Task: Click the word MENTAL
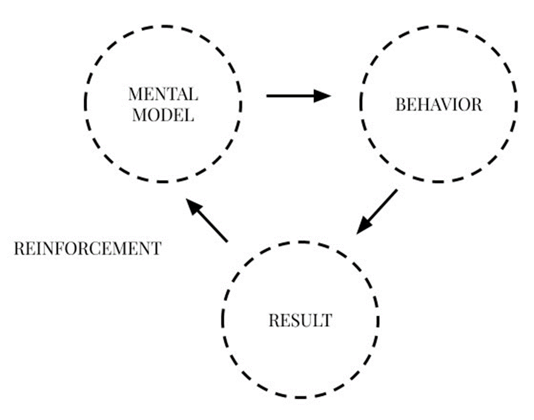(x=163, y=95)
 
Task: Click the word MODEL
(x=163, y=115)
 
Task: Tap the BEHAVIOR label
(x=438, y=105)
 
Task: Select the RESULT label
(x=300, y=320)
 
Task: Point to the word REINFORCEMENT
(x=87, y=248)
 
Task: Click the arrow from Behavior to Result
(x=376, y=211)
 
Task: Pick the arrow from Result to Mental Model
(x=207, y=220)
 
